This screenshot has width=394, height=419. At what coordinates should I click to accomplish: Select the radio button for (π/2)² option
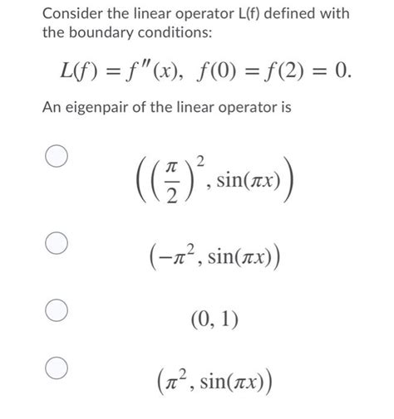57,159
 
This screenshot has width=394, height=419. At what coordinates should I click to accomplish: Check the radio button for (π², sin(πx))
57,368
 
